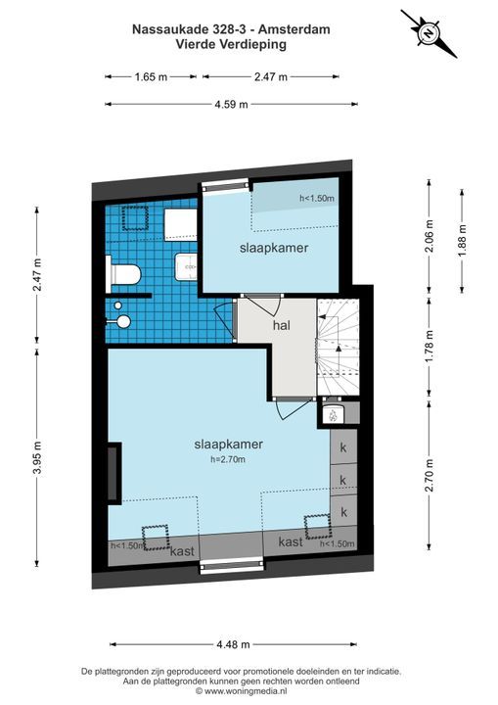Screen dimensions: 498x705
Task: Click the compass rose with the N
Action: [430, 33]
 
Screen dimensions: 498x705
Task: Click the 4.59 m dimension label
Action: [231, 105]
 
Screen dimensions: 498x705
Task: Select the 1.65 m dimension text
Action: [151, 77]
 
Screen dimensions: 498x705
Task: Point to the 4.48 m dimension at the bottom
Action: [233, 644]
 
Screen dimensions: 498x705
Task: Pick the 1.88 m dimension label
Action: [462, 241]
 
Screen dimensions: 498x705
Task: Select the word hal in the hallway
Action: [282, 325]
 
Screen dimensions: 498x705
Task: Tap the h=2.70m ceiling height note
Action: [227, 459]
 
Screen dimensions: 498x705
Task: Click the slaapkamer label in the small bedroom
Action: [274, 248]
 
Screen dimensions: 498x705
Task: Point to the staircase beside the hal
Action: [338, 347]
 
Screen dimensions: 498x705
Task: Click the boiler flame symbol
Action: [333, 415]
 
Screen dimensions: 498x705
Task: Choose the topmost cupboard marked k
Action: [343, 447]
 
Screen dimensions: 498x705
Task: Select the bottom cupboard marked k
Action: [343, 511]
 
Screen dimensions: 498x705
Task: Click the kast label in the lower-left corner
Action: [183, 550]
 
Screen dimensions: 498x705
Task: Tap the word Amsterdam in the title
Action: [300, 29]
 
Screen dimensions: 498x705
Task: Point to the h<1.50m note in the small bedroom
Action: [317, 198]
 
